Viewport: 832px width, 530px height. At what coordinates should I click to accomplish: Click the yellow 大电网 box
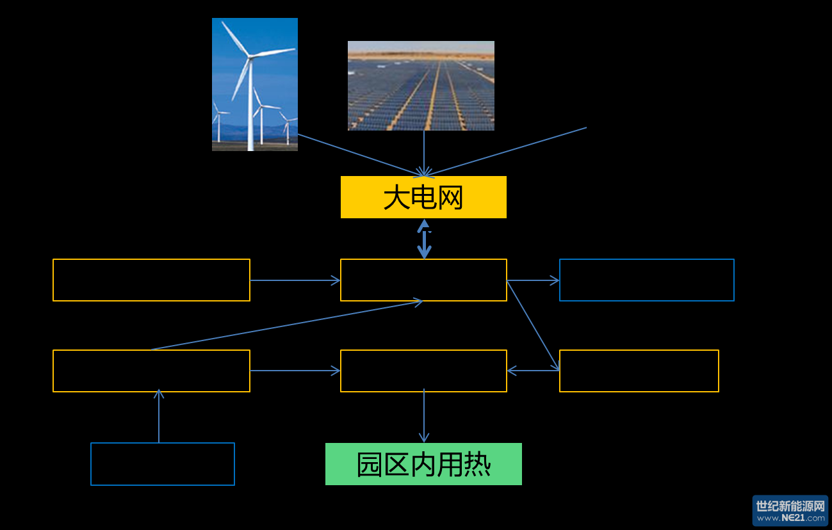coord(423,197)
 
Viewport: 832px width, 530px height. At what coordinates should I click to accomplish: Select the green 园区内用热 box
coord(423,464)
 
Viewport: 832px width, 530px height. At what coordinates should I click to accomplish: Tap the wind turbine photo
coord(255,84)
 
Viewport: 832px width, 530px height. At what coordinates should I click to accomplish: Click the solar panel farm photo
coord(421,86)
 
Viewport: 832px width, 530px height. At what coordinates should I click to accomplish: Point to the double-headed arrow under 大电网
coord(424,239)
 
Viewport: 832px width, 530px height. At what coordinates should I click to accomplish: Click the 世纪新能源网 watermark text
coord(790,506)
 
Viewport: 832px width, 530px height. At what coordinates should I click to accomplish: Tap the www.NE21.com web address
coord(790,518)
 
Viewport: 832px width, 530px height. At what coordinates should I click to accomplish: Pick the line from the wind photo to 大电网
coord(359,155)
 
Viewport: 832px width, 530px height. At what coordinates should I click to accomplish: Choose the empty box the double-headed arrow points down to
coord(423,280)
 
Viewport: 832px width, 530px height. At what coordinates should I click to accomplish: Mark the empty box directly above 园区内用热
coord(423,371)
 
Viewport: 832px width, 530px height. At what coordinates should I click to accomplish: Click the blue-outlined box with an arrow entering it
coord(646,280)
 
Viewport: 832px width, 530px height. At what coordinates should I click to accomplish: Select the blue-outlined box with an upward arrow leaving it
coord(163,464)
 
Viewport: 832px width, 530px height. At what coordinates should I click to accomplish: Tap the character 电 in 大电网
coord(423,198)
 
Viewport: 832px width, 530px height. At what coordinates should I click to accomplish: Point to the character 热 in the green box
coord(477,465)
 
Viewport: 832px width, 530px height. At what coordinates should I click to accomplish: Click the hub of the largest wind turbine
coord(250,57)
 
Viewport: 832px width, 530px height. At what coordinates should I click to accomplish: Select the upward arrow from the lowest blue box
coord(159,416)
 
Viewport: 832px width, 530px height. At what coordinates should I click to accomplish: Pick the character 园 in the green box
coord(370,465)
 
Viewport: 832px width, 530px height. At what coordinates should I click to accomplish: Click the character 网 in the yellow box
coord(450,198)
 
